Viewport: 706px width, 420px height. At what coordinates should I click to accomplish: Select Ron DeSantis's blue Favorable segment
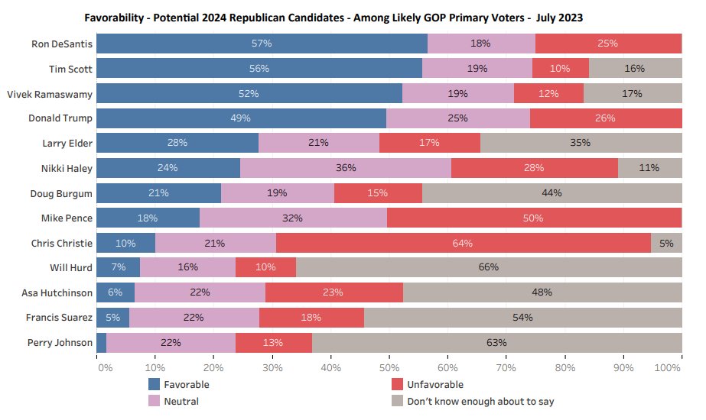262,44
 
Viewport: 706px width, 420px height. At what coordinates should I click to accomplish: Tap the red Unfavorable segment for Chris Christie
463,243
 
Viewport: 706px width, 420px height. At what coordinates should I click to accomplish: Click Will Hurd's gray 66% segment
489,267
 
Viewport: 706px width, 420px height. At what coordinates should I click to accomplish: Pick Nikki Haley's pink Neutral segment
346,168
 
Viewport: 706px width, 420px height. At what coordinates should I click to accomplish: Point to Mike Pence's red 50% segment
533,218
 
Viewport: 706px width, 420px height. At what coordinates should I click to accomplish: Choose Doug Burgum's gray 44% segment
551,193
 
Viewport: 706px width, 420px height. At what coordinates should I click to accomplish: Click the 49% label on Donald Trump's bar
240,118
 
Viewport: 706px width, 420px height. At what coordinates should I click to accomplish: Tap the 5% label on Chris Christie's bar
666,243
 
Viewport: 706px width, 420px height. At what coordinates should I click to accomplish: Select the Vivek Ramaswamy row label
49,93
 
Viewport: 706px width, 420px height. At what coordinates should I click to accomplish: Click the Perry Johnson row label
60,342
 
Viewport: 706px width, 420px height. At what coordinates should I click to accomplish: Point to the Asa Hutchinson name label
57,292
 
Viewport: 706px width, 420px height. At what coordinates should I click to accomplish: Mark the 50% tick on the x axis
389,368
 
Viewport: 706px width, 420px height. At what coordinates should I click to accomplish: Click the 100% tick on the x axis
669,368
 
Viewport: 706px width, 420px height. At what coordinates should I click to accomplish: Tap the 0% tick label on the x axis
105,368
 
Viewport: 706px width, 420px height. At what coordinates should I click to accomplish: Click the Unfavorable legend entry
435,384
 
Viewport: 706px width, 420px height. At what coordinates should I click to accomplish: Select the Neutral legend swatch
154,401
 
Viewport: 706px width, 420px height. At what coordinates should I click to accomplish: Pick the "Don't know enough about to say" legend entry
480,401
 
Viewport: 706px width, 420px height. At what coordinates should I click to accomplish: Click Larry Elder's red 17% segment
429,143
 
